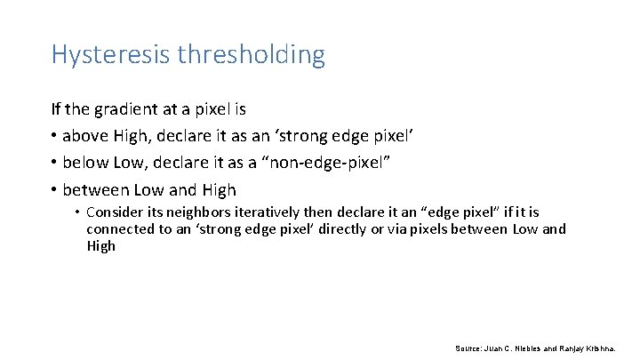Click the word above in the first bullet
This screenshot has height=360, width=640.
coord(83,136)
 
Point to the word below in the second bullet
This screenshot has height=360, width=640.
coord(83,163)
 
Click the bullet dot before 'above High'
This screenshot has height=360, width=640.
coord(54,137)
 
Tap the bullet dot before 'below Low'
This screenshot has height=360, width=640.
coord(54,164)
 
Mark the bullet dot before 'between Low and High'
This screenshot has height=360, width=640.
coord(54,190)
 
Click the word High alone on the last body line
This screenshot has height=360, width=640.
coord(100,245)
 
